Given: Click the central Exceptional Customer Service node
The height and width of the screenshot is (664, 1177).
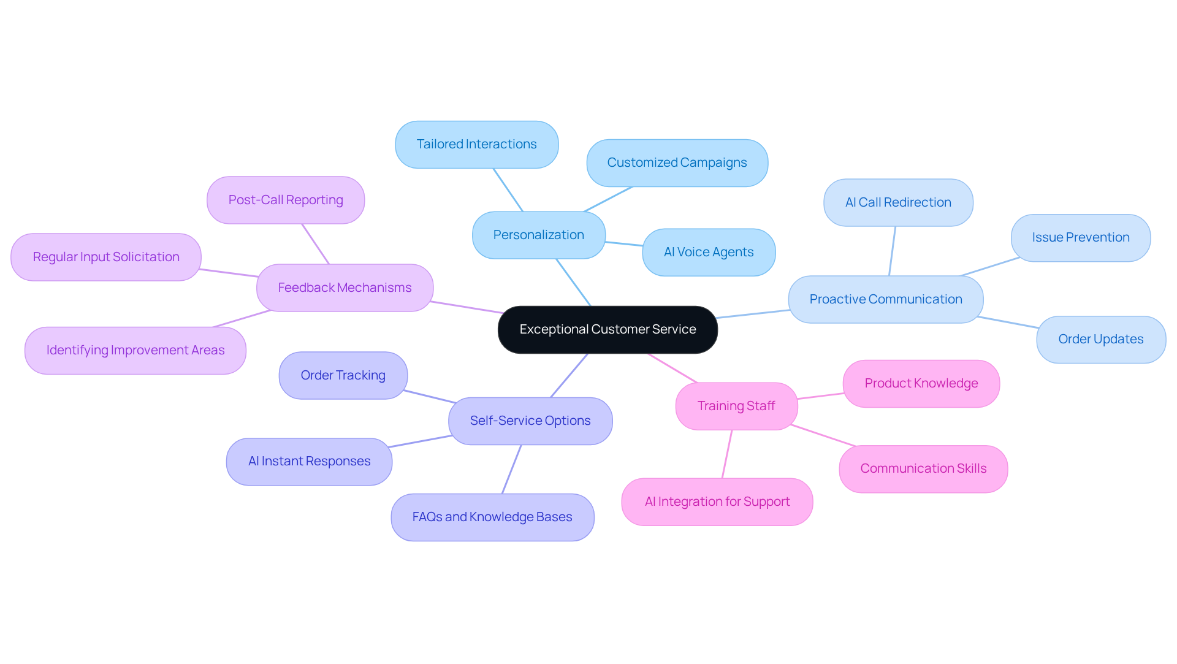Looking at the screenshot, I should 608,330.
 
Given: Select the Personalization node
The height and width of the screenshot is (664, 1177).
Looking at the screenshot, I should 538,235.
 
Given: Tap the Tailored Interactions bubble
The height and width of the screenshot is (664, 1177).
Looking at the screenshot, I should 476,145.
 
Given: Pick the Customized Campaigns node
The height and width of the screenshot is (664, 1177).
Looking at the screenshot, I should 677,163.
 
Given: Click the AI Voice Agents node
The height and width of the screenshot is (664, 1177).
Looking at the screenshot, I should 709,253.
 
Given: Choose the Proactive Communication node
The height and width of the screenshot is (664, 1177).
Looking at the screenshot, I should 885,300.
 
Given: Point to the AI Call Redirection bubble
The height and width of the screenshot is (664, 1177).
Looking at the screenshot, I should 898,203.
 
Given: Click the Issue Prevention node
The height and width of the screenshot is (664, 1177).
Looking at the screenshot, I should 1080,238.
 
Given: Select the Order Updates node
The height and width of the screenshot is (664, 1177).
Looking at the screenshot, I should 1100,340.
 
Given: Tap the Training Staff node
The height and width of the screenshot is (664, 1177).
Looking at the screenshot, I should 736,406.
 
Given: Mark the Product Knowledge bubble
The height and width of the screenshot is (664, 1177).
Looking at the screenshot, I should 921,384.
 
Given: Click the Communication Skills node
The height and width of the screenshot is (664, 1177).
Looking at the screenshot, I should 923,469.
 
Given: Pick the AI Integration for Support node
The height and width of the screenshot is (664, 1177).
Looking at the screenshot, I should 717,502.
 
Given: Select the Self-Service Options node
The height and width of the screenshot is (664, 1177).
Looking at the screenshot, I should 530,421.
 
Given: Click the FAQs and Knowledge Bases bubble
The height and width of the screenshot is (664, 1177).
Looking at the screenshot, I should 492,517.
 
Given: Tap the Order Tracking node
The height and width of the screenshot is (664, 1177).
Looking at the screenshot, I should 343,376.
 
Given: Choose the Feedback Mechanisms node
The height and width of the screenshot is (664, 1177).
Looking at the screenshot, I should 345,288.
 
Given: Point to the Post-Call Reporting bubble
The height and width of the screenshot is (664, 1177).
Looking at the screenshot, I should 285,200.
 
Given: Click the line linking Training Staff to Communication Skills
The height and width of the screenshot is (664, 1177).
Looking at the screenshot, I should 823,435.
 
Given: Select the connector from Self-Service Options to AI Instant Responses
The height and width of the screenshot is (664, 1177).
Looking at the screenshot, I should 421,441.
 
